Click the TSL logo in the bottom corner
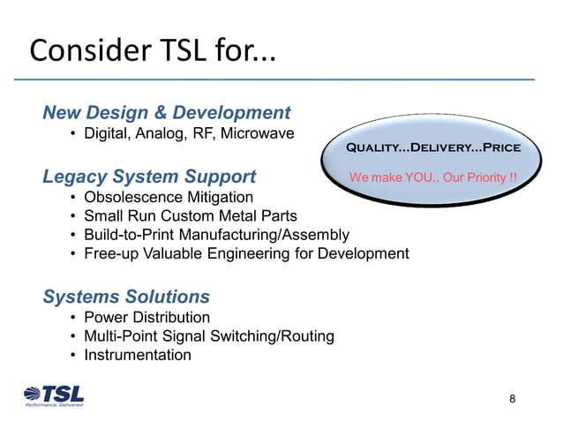click(x=54, y=396)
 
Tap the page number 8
click(x=513, y=399)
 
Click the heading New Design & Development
click(x=166, y=113)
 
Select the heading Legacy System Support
click(x=149, y=177)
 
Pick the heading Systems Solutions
click(x=126, y=297)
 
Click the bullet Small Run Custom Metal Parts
click(x=191, y=215)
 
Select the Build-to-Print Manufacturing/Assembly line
click(x=216, y=235)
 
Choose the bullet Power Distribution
click(x=146, y=317)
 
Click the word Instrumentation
click(x=138, y=355)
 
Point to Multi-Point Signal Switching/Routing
click(x=209, y=336)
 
